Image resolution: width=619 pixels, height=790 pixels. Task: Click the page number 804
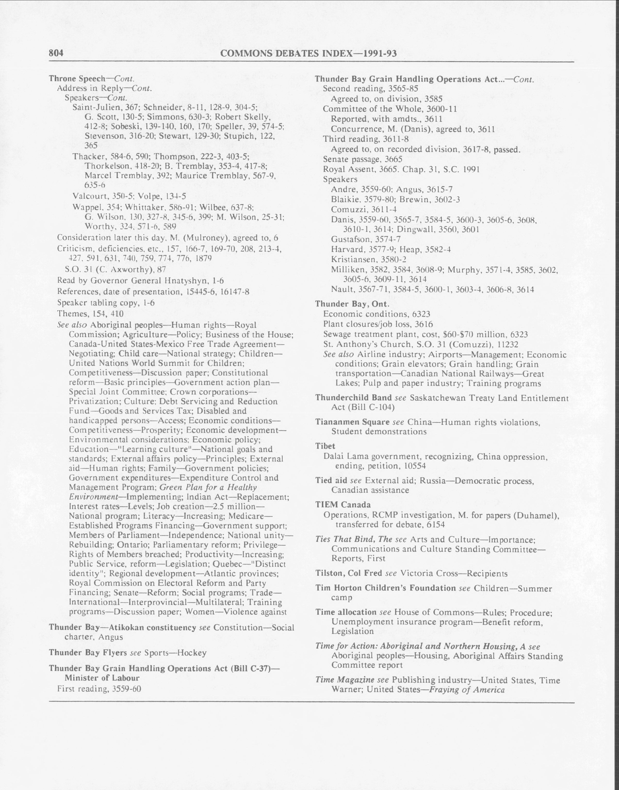point(56,53)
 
